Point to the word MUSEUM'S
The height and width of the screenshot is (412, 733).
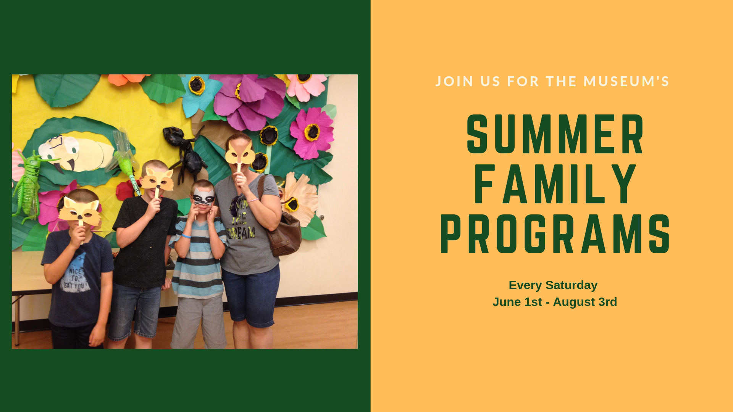pyautogui.click(x=626, y=81)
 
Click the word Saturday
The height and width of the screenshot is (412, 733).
pyautogui.click(x=571, y=285)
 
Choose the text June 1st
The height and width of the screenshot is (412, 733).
pyautogui.click(x=517, y=302)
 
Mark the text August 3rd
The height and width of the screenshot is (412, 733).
pyautogui.click(x=585, y=302)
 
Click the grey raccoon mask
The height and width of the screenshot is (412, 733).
pyautogui.click(x=203, y=197)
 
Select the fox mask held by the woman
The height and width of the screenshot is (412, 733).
pyautogui.click(x=239, y=153)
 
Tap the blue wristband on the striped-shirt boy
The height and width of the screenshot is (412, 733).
pyautogui.click(x=186, y=236)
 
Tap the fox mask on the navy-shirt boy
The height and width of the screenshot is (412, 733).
pyautogui.click(x=80, y=212)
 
